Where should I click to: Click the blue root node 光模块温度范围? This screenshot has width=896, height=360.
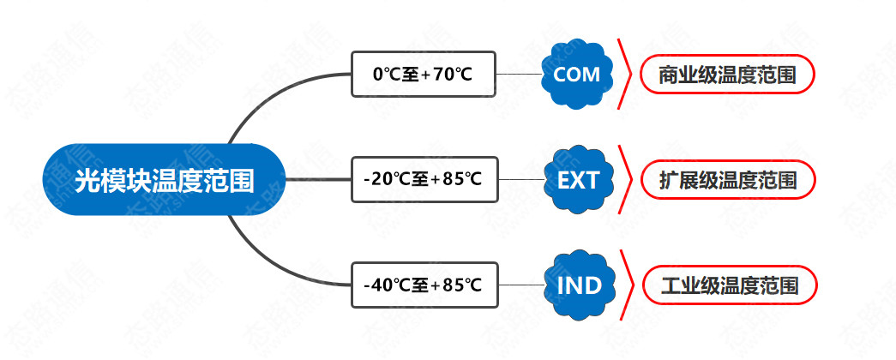[x=164, y=180]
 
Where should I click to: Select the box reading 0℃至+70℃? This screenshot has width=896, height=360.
[x=423, y=75]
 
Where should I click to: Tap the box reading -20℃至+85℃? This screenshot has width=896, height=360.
[x=423, y=180]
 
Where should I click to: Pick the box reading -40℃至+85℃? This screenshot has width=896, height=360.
[x=423, y=285]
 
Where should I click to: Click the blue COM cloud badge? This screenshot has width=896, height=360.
[x=576, y=75]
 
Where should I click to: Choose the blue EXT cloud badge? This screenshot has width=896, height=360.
[x=578, y=180]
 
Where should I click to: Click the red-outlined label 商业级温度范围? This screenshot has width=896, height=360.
[x=727, y=75]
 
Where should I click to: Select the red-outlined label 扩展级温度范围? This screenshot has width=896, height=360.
[x=727, y=180]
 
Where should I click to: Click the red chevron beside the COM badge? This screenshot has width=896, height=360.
[x=626, y=75]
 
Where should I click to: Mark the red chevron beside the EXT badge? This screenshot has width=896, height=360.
[x=626, y=180]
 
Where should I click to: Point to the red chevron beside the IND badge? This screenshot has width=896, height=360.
[x=627, y=285]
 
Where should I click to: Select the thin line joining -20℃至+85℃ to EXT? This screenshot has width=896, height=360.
[x=520, y=180]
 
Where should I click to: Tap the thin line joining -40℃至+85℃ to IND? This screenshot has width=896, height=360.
[x=520, y=285]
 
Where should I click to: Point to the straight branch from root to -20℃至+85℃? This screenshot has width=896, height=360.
[x=317, y=180]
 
